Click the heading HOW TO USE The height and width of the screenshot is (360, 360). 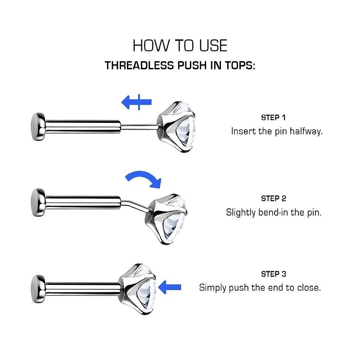point(180,45)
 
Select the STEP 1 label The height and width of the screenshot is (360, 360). point(273,118)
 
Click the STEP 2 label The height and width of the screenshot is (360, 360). point(273,198)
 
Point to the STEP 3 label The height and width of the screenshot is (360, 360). point(273,274)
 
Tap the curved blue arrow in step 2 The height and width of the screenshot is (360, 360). point(143,178)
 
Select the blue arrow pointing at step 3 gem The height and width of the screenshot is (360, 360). point(170,286)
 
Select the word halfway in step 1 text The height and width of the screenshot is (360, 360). point(306,132)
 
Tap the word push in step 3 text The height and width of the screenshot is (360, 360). point(239,288)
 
